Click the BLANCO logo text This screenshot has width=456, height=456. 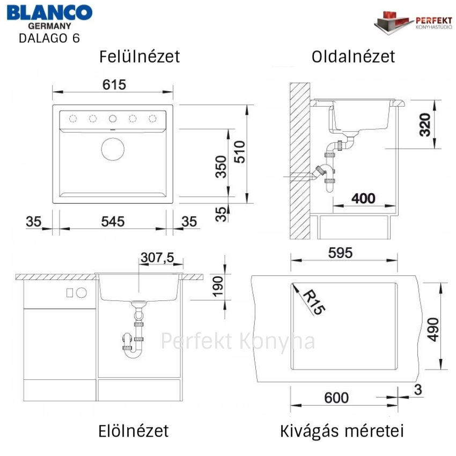[x=49, y=13]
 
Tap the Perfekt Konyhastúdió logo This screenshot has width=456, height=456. [x=413, y=23]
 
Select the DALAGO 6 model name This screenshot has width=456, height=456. [x=49, y=39]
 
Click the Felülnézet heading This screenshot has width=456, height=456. [x=139, y=56]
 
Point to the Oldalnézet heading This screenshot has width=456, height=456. [x=353, y=56]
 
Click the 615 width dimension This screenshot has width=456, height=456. [x=114, y=85]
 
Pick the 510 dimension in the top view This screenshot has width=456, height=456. [x=240, y=152]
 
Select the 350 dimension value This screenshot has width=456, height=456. [x=220, y=167]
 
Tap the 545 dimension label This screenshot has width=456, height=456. [x=113, y=222]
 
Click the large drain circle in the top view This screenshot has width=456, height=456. [x=113, y=149]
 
